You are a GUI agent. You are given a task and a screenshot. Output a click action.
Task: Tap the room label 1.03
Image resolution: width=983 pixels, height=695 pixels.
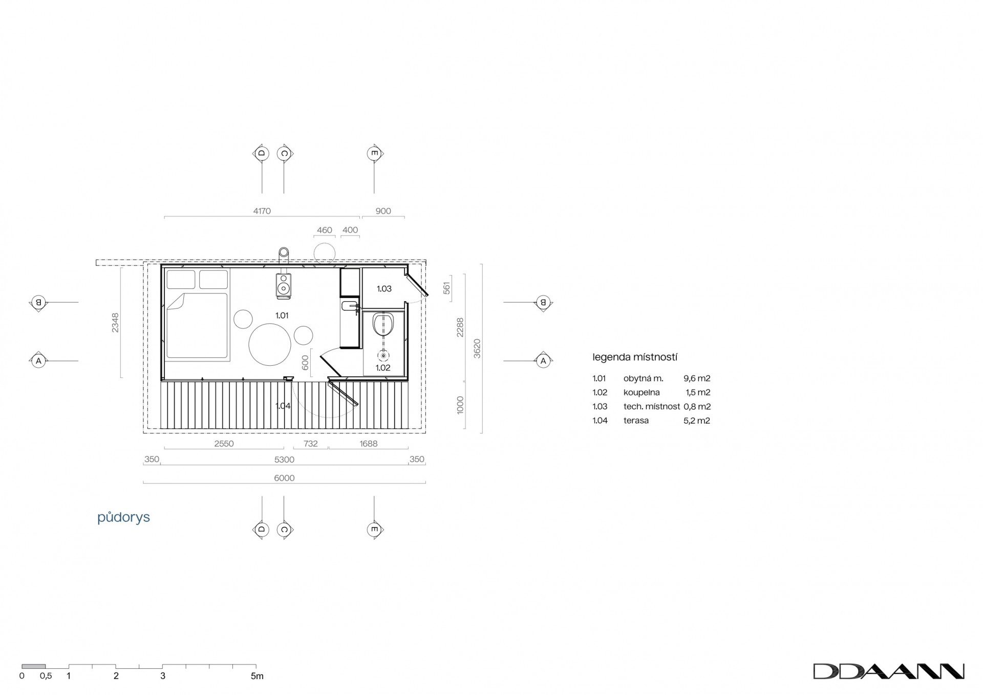(x=384, y=289)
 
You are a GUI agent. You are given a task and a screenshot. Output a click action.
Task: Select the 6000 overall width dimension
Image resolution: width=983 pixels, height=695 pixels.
(x=285, y=478)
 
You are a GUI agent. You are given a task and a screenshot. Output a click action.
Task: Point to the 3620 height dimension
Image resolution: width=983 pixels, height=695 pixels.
(x=477, y=348)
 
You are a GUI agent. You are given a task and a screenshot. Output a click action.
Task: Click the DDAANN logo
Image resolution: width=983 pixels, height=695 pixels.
(x=889, y=671)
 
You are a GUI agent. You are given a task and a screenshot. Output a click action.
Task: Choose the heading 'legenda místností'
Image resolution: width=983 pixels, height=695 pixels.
(x=635, y=357)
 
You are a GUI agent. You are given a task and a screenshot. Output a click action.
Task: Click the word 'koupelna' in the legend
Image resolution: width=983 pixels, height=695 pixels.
(x=642, y=393)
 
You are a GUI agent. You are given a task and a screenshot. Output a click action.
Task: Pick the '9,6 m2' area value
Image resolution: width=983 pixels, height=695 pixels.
(x=697, y=378)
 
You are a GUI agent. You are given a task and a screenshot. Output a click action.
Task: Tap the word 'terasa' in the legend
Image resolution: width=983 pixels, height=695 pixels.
(x=636, y=420)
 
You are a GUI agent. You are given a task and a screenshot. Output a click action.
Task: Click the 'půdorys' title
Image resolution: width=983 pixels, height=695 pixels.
(x=123, y=517)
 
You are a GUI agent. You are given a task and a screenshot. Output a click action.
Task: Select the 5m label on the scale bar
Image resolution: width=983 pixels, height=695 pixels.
(x=257, y=676)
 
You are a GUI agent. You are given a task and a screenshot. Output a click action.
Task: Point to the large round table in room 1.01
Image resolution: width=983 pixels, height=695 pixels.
(x=270, y=344)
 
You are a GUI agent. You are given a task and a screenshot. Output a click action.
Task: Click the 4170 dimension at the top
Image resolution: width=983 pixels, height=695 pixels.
(x=262, y=211)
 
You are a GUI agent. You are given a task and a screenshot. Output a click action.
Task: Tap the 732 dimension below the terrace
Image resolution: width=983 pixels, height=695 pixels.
(x=311, y=444)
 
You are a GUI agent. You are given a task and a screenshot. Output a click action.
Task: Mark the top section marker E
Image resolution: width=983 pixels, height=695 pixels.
(x=374, y=153)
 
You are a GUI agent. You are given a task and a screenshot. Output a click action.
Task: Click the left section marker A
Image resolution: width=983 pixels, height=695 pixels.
(x=38, y=361)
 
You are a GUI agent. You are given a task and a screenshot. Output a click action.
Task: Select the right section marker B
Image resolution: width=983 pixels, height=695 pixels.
(x=543, y=303)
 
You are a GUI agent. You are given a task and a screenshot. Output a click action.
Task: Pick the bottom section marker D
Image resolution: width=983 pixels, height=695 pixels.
(x=262, y=529)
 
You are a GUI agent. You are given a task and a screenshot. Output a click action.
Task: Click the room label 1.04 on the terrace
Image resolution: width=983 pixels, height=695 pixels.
(x=283, y=406)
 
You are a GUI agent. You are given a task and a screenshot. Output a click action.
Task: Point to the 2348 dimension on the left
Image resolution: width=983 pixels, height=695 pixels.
(x=115, y=323)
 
